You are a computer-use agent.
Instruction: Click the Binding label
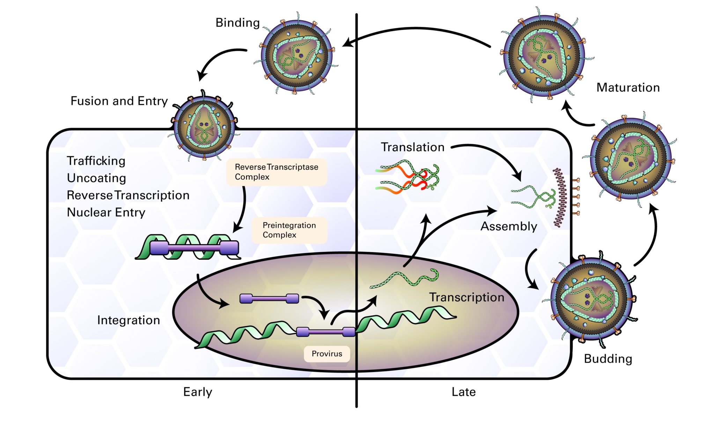[237, 23]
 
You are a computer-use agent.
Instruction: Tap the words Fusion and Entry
[119, 101]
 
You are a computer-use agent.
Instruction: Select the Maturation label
[628, 87]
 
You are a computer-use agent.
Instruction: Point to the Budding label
[608, 359]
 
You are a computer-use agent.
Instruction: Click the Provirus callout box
[327, 354]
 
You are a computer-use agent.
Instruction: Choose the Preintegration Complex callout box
[289, 230]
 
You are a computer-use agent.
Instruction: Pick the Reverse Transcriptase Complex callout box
[276, 172]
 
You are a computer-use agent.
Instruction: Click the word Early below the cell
[198, 392]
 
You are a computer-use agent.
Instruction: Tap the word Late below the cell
[463, 392]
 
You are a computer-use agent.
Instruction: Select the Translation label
[412, 147]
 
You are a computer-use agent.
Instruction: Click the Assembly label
[509, 226]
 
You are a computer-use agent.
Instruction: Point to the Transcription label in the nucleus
[466, 297]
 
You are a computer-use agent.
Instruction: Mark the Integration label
[128, 320]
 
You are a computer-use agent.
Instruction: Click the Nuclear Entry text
[106, 212]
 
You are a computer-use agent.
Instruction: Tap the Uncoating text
[96, 178]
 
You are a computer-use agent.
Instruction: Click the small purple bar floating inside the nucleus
[269, 299]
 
